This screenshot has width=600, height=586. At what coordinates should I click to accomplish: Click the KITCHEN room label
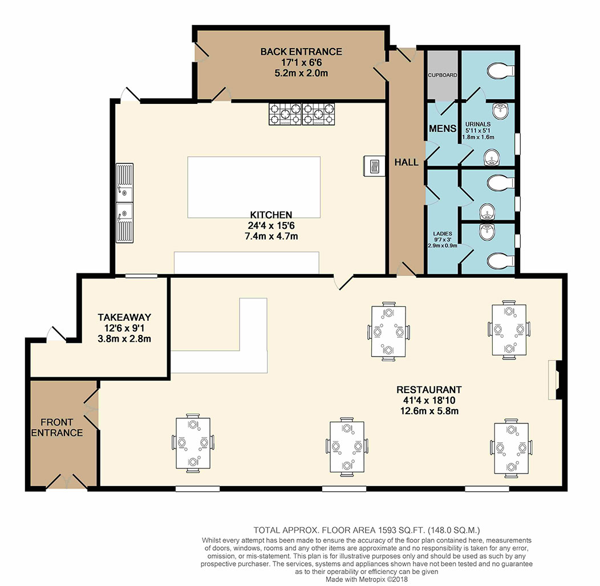271,215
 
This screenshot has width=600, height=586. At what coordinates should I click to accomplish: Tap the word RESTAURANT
429,390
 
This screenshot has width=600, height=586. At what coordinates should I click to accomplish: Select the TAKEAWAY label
124,317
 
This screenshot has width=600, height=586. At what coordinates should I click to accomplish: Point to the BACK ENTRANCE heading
301,52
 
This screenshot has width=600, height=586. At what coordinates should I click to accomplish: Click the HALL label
407,162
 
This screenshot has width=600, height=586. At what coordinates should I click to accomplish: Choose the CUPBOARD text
443,75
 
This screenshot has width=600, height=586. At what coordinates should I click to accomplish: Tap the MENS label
443,128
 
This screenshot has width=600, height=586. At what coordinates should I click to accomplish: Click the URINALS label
478,124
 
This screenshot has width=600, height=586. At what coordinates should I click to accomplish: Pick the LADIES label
443,233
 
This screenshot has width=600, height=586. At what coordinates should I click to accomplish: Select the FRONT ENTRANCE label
57,427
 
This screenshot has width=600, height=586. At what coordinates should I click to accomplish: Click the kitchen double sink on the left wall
125,203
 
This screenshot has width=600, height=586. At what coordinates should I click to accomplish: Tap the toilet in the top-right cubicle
501,70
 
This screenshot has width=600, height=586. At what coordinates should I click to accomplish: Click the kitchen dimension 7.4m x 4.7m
271,236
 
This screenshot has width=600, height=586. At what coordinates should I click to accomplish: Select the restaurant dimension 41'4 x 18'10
429,401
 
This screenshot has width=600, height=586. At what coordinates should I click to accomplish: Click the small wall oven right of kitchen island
374,166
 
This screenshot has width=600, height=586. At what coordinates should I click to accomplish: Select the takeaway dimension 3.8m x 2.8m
124,339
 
